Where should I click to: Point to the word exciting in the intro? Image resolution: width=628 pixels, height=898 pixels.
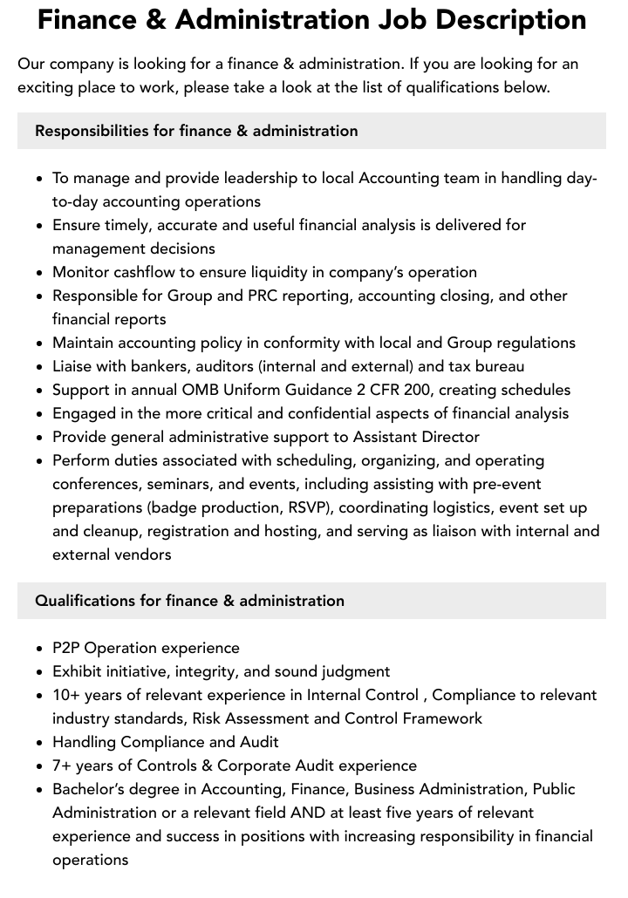47,87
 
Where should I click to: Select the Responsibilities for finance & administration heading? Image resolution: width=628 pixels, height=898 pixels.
196,131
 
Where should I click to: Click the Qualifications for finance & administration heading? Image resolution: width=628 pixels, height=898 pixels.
189,601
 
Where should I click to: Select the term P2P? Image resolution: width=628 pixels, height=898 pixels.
66,648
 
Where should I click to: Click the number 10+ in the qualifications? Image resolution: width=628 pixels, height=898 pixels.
66,695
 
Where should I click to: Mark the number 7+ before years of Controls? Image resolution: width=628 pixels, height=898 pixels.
62,765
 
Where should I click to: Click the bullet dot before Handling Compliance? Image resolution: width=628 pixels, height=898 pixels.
40,743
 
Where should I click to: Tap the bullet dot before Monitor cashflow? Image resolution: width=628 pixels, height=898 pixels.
40,273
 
